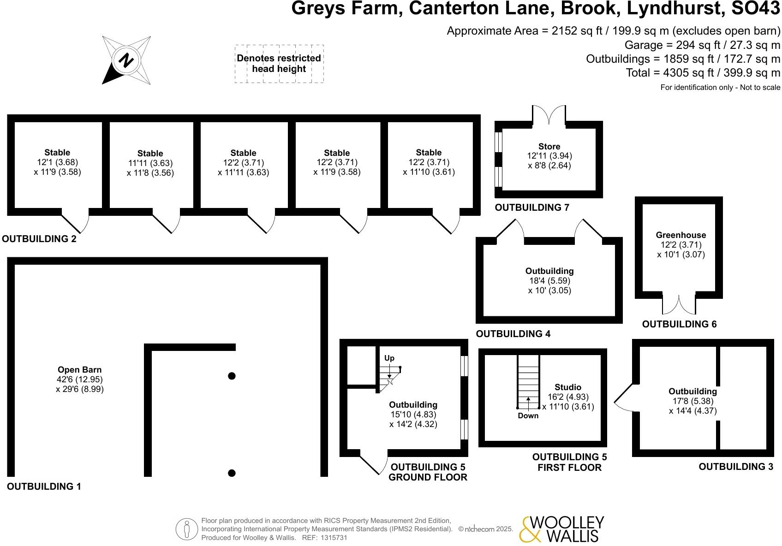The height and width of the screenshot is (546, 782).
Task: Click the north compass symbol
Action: click(126, 60)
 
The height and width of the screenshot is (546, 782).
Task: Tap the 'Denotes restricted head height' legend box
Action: click(279, 64)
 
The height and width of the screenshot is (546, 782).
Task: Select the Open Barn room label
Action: click(79, 370)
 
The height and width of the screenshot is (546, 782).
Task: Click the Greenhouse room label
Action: click(681, 235)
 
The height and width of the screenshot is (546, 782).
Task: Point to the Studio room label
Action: click(567, 387)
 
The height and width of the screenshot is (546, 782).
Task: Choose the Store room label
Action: click(549, 147)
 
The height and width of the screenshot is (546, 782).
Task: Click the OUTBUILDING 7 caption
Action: click(532, 208)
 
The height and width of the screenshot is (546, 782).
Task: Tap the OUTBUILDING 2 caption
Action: click(39, 239)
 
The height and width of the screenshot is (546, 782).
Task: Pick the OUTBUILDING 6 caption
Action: click(679, 324)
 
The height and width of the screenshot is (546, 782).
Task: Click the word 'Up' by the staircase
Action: click(389, 358)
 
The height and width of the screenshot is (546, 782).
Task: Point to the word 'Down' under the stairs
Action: click(528, 415)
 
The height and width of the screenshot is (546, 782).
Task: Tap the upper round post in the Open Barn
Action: click(232, 376)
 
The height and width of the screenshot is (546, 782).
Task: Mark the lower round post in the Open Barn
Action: click(232, 473)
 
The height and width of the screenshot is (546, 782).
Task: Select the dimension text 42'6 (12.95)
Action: click(79, 380)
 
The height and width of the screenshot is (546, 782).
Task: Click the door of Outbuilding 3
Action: click(625, 398)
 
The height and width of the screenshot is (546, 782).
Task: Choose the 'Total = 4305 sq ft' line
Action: click(703, 73)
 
